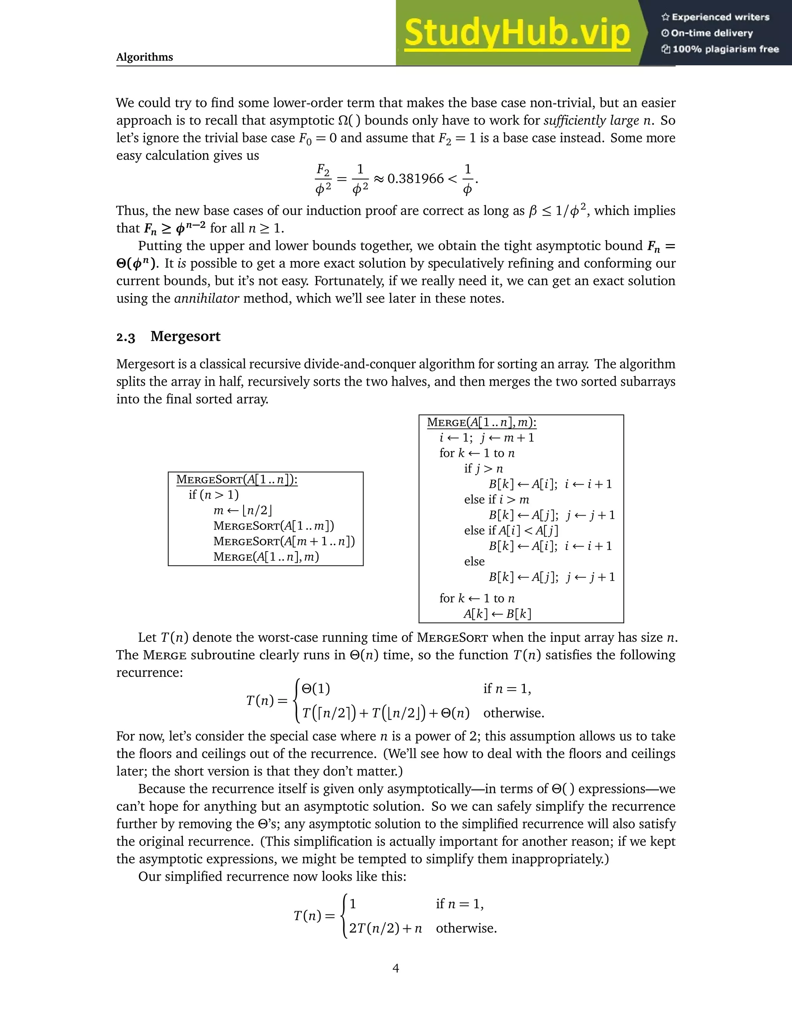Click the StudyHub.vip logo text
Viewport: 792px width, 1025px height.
click(517, 33)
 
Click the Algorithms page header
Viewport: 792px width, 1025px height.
click(145, 57)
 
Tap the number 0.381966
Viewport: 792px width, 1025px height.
click(415, 179)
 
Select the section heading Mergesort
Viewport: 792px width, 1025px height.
click(185, 337)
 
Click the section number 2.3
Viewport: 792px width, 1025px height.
click(126, 337)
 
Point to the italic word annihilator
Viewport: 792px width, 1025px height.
click(207, 299)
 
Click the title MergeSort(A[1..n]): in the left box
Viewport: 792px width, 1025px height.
click(237, 480)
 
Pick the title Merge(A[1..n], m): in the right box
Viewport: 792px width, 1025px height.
click(481, 422)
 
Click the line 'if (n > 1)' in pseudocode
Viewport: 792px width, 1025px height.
click(213, 495)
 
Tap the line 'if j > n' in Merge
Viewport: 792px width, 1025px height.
click(483, 468)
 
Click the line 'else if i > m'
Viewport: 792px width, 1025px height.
click(497, 499)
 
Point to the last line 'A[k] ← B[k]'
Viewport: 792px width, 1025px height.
click(497, 614)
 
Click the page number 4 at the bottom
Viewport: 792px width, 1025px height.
click(396, 968)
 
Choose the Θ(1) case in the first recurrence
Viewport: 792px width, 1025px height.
click(316, 688)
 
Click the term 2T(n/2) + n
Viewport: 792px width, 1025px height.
click(385, 928)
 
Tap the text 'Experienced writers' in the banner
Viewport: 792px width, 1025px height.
click(720, 17)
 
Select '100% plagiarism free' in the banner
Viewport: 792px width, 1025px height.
click(725, 49)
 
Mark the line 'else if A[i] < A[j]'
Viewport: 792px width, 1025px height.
click(511, 530)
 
